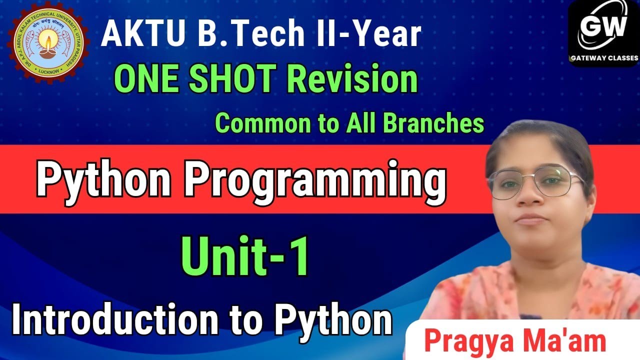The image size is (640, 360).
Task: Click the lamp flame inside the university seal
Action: [48, 42]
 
